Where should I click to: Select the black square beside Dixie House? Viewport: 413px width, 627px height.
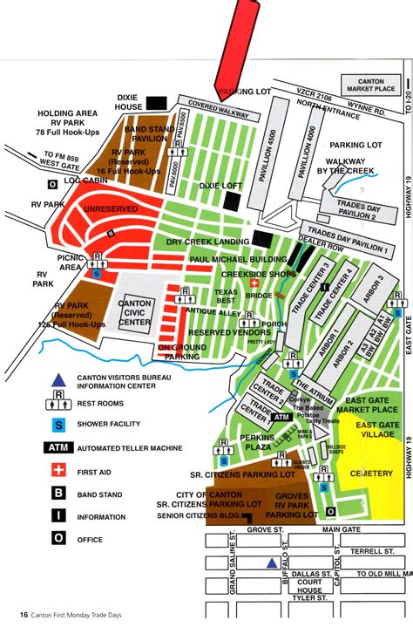[x=157, y=104]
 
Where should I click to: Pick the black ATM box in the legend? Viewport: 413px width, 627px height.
[x=58, y=447]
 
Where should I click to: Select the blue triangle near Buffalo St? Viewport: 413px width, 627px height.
[x=272, y=562]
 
